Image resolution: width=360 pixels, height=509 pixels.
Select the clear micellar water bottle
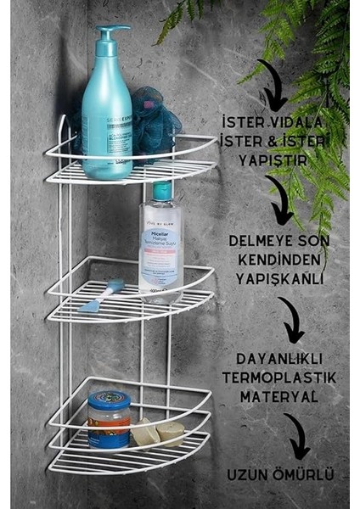(x=160, y=246)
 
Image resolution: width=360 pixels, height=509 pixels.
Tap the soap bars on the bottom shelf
(x=157, y=433)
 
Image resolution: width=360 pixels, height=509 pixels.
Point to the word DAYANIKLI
(x=279, y=359)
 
